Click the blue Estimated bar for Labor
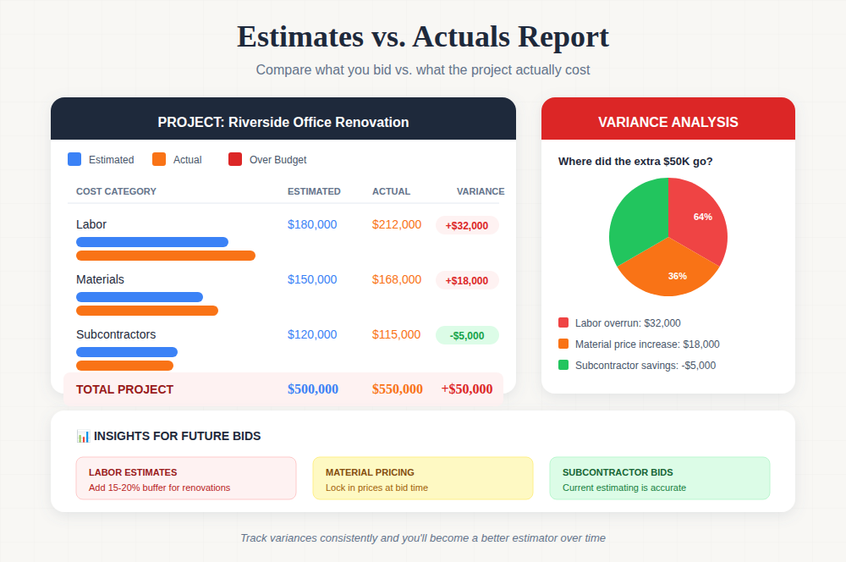point(152,242)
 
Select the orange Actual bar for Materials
point(147,311)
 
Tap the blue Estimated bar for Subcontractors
point(127,352)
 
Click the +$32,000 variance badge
point(467,226)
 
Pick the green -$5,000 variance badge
point(467,336)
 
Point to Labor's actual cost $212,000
point(397,224)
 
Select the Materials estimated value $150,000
point(312,279)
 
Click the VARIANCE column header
point(481,191)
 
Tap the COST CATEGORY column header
point(116,191)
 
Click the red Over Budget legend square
point(235,159)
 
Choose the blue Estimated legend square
point(74,159)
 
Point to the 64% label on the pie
point(703,217)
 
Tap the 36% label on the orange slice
point(678,276)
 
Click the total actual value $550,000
point(398,389)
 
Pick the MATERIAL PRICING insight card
point(423,478)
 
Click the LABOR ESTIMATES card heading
point(133,472)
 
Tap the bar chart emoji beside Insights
point(83,436)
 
